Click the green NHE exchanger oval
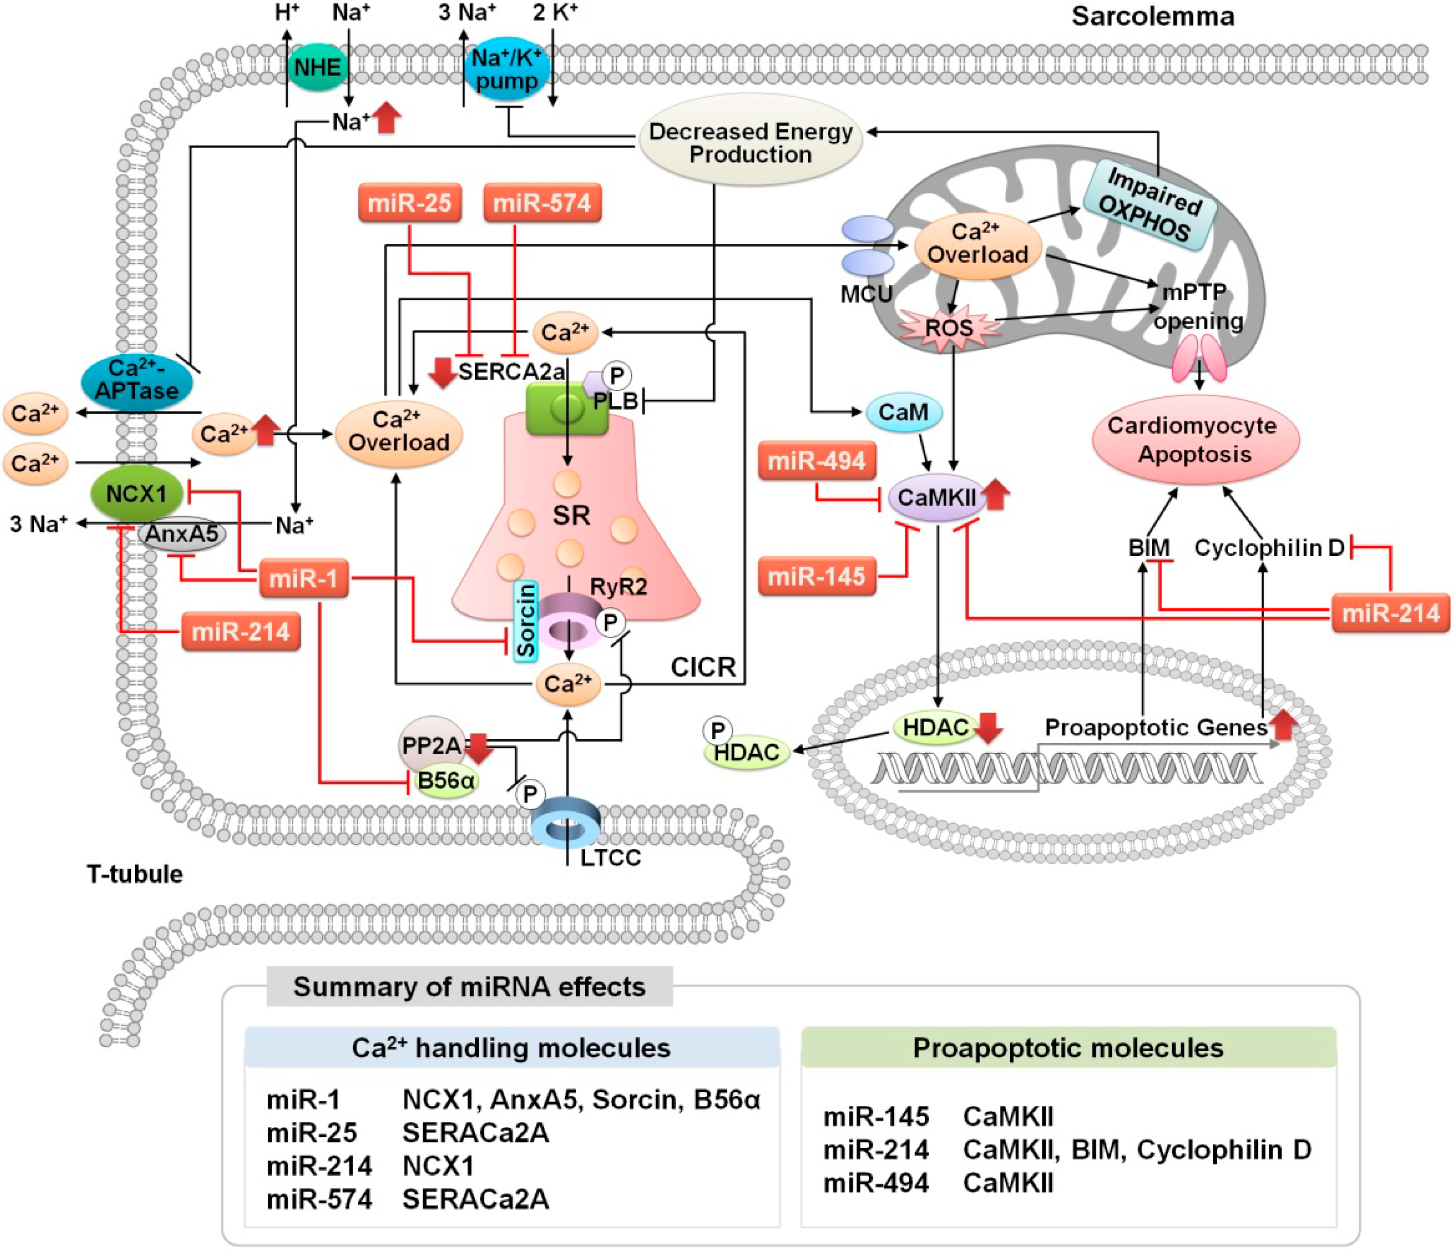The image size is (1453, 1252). pos(317,68)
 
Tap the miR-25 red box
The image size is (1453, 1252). pos(409,203)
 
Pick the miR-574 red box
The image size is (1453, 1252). pos(542,203)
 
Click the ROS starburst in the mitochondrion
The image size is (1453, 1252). pos(949,328)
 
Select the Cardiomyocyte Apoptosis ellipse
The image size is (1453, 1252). pos(1195,440)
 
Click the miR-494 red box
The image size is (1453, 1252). pos(817,461)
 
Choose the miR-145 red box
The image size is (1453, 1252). pos(817,576)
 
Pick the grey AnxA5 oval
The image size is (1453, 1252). pos(182,534)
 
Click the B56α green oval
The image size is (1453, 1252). pos(446,781)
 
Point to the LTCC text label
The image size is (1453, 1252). pos(610,857)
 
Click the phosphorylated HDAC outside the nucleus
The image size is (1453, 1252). pos(746,752)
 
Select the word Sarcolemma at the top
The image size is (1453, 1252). pos(1152,16)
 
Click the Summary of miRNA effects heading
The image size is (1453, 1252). pos(469,987)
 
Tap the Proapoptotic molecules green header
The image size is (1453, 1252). pos(1068,1048)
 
